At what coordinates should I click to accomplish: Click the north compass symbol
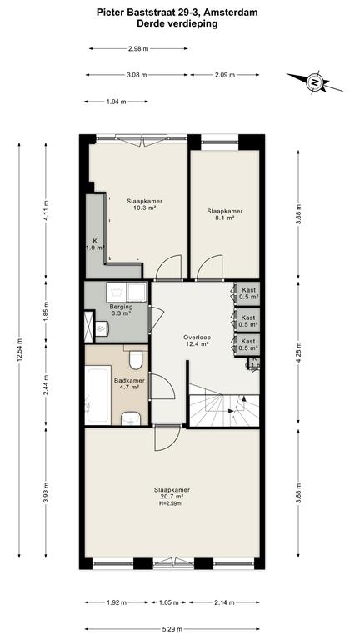315,81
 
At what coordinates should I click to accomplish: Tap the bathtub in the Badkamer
98,394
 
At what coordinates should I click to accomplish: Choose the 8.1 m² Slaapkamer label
224,215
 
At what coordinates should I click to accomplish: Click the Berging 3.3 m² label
120,310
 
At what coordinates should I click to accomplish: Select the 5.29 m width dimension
172,629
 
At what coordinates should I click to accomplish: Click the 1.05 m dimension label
168,602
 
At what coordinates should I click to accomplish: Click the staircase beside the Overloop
224,410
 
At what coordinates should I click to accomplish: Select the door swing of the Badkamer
162,385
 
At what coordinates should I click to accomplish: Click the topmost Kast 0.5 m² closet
248,292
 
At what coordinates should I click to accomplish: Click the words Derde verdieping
177,23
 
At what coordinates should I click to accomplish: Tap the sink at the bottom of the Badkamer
131,418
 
